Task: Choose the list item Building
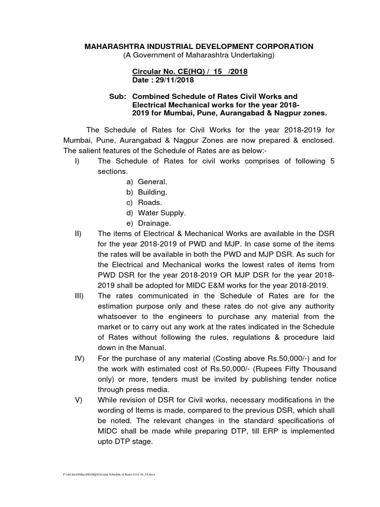click(x=152, y=192)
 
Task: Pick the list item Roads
click(x=150, y=203)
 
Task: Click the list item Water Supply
click(x=162, y=213)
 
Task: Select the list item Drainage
click(x=154, y=223)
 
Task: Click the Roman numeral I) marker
click(x=78, y=161)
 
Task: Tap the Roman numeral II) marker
click(x=78, y=234)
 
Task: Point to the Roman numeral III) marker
click(x=79, y=296)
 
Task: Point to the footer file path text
click(x=109, y=474)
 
